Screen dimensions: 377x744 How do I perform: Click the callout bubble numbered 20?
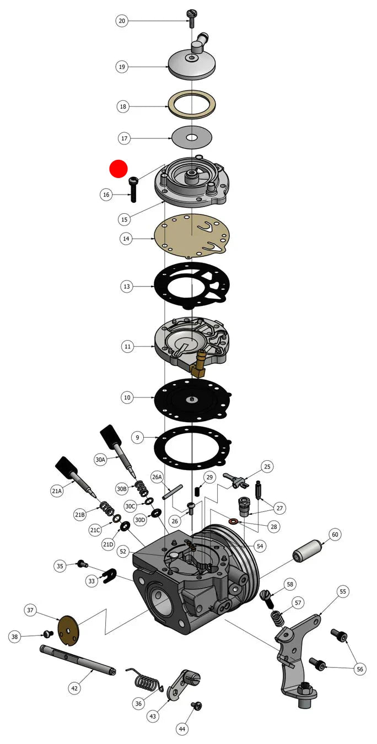click(x=122, y=21)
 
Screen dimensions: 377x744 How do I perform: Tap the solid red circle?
click(x=119, y=169)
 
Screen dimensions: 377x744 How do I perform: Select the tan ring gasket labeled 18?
click(x=192, y=104)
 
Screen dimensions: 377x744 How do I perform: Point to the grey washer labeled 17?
click(x=192, y=137)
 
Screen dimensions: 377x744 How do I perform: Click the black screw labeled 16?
click(x=133, y=190)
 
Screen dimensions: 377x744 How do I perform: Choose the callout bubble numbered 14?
click(x=126, y=239)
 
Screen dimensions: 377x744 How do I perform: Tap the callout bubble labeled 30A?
click(x=100, y=460)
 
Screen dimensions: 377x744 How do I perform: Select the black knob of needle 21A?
click(x=68, y=468)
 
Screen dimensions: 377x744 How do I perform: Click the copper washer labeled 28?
click(x=234, y=520)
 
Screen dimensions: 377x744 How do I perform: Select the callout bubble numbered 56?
click(x=360, y=669)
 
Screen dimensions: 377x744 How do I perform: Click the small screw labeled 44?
click(x=197, y=705)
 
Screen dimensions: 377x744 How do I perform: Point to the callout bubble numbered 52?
click(x=123, y=551)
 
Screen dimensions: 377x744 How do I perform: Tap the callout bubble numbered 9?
click(x=137, y=438)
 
